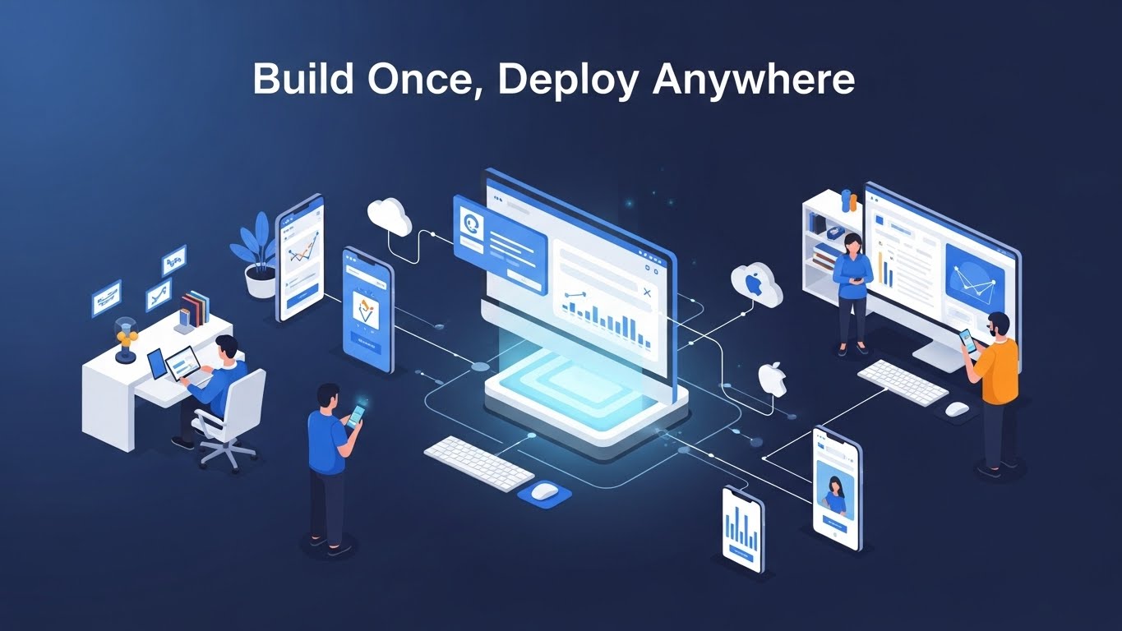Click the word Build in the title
coord(303,79)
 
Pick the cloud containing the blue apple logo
coord(756,284)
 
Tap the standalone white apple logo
coord(772,379)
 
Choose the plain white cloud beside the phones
coord(389,216)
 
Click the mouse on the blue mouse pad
coord(543,491)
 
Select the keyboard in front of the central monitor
coord(479,463)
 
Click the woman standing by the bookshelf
coord(852,294)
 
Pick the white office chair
coord(229,419)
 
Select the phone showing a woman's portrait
coord(834,488)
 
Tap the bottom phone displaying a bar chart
coord(743,530)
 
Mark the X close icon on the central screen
coord(647,292)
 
